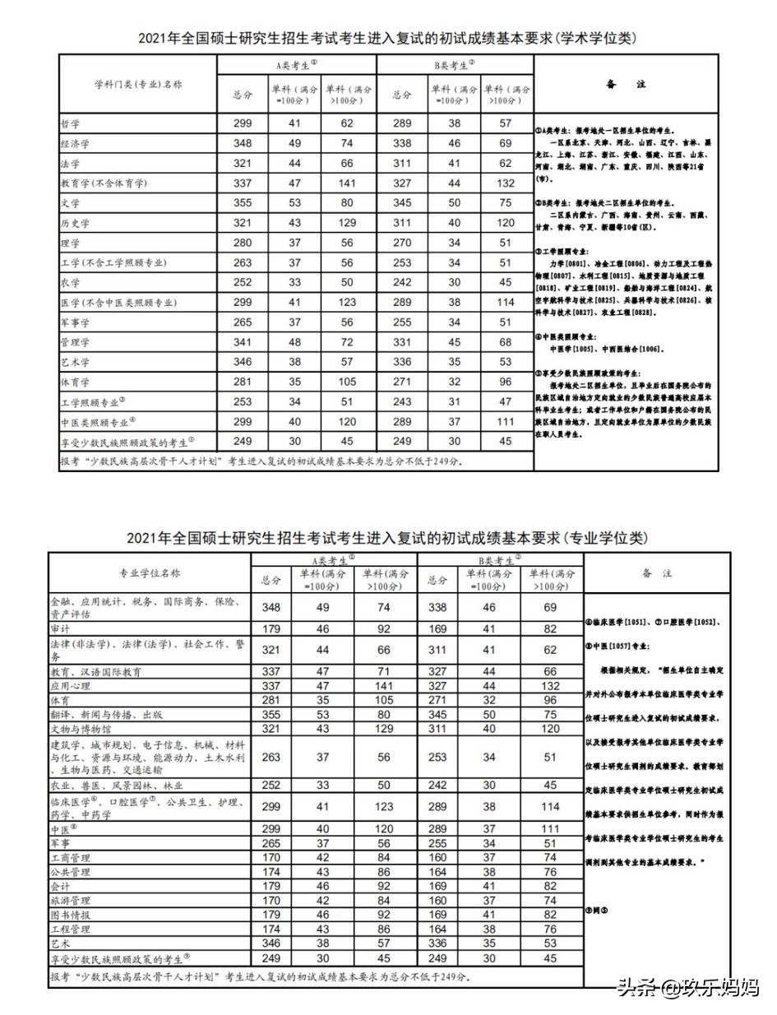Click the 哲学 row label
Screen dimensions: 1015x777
point(71,123)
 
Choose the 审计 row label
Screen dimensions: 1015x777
point(61,628)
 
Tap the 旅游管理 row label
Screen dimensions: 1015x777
point(71,901)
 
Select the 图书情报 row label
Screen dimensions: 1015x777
point(71,915)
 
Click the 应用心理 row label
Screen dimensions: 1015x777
point(71,684)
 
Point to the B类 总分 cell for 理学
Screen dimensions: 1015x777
point(401,243)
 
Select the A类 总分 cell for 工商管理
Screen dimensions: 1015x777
point(271,858)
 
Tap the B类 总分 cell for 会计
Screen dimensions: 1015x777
point(437,887)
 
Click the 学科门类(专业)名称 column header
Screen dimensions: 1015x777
point(137,85)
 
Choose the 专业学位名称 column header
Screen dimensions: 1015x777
point(150,573)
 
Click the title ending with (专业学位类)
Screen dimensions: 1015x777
point(387,538)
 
